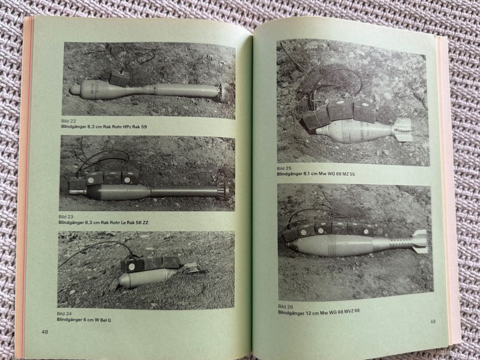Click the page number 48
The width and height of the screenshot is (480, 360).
pyautogui.click(x=45, y=332)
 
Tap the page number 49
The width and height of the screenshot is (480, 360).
pyautogui.click(x=432, y=322)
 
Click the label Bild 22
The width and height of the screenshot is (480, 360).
pyautogui.click(x=69, y=121)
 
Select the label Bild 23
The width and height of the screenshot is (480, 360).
pyautogui.click(x=66, y=217)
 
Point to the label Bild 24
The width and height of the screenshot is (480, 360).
pyautogui.click(x=64, y=314)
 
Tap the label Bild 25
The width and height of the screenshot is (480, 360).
pyautogui.click(x=284, y=168)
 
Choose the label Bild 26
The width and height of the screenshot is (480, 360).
pyautogui.click(x=286, y=306)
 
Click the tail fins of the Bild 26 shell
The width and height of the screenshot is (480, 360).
pyautogui.click(x=420, y=242)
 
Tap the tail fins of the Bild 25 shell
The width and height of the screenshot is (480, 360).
pyautogui.click(x=402, y=130)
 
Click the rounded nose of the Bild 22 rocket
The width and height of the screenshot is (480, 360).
pyautogui.click(x=74, y=89)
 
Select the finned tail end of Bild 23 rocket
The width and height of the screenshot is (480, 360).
pyautogui.click(x=223, y=192)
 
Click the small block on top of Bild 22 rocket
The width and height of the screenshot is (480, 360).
pyautogui.click(x=119, y=77)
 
